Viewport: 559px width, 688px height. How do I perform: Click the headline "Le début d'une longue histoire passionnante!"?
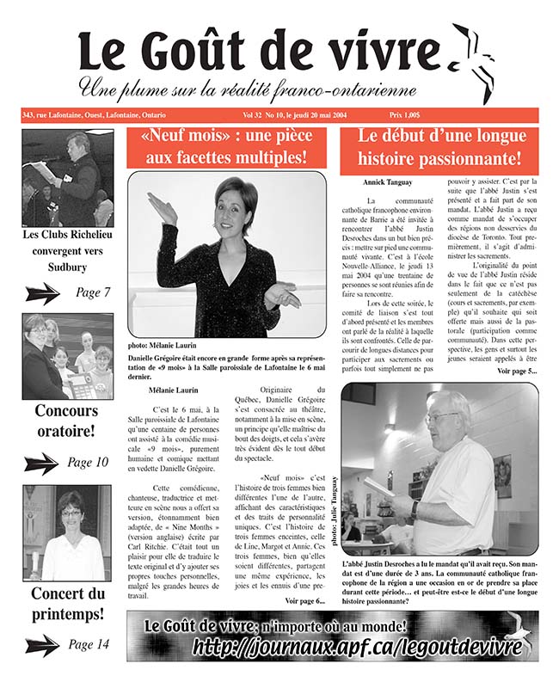coord(439,146)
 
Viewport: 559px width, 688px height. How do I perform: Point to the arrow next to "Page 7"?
coord(43,293)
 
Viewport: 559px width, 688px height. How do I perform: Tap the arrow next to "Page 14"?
coord(42,644)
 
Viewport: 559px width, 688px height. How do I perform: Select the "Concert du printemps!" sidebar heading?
coord(67,604)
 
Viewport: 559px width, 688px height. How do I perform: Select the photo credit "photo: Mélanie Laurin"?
coord(160,342)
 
